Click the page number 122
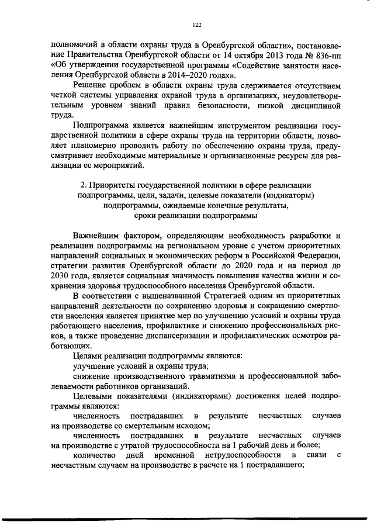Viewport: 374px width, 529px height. pos(196,25)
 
